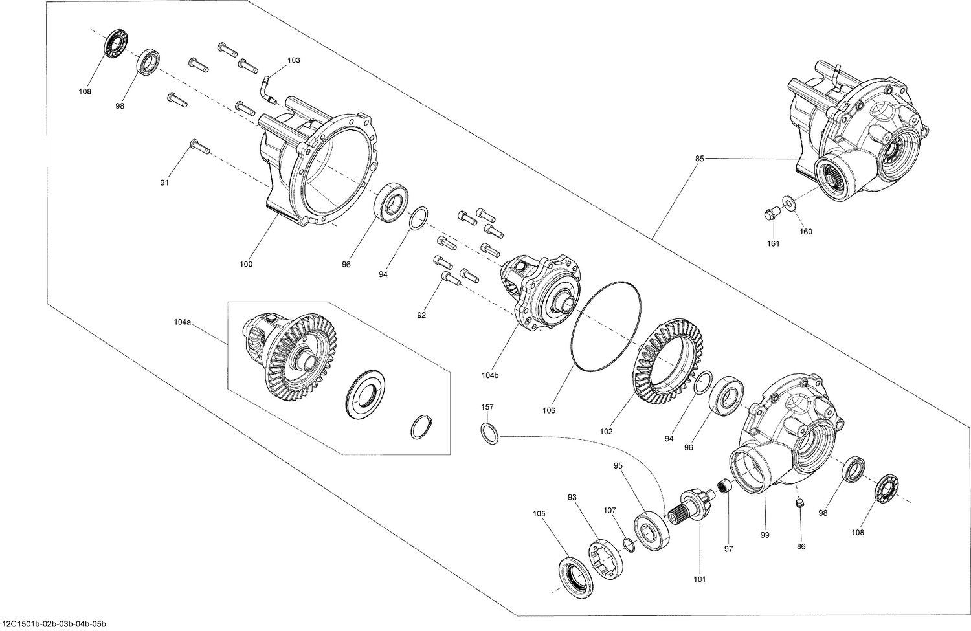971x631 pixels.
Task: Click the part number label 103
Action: [x=293, y=60]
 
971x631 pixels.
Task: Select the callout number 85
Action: [x=700, y=158]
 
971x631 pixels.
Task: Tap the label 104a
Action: [x=183, y=322]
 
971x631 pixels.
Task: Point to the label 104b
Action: [x=491, y=375]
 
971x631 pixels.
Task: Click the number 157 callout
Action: [x=487, y=407]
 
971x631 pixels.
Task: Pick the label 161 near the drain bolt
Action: [x=774, y=244]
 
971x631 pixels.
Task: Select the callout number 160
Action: [x=805, y=232]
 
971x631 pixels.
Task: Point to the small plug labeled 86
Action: [x=800, y=503]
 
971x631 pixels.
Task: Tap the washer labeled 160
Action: [x=788, y=203]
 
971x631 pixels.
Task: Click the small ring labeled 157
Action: [x=489, y=433]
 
